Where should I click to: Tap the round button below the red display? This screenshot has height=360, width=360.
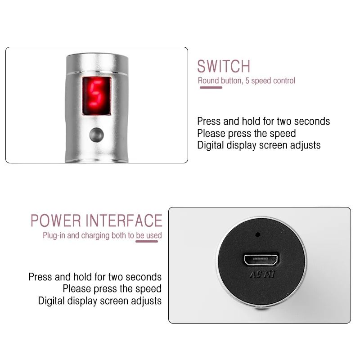click(x=96, y=134)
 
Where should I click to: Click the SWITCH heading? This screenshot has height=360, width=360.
click(x=223, y=66)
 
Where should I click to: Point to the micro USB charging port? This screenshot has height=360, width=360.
click(x=261, y=259)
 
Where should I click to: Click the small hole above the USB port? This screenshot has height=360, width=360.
click(x=257, y=234)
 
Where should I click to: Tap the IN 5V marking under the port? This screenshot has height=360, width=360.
click(x=261, y=274)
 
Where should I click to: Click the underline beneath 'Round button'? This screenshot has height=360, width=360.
click(x=211, y=87)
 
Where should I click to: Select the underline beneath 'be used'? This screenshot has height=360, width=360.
click(x=147, y=242)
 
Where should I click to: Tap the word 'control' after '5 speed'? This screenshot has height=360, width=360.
click(x=284, y=81)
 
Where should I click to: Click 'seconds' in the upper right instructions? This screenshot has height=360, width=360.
click(x=310, y=121)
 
